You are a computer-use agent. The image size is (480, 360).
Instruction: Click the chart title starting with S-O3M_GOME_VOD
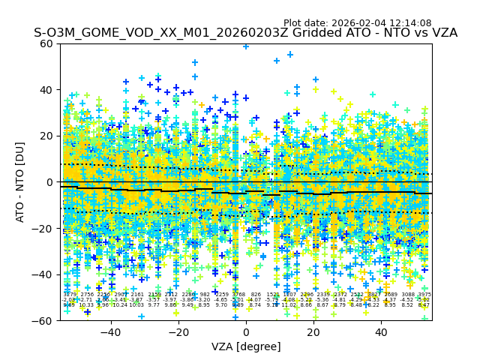pyautogui.click(x=245, y=34)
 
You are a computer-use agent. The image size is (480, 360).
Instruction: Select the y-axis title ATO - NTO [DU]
pyautogui.click(x=21, y=182)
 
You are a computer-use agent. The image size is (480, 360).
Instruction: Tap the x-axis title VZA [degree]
pyautogui.click(x=246, y=346)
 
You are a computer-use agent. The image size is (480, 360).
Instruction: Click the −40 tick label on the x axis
pyautogui.click(x=110, y=331)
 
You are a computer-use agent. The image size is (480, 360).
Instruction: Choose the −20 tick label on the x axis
pyautogui.click(x=178, y=331)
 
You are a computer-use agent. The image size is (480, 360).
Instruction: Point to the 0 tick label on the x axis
pyautogui.click(x=246, y=331)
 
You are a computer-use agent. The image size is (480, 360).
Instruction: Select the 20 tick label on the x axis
pyautogui.click(x=313, y=331)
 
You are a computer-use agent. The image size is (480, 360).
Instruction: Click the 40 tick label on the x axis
pyautogui.click(x=381, y=331)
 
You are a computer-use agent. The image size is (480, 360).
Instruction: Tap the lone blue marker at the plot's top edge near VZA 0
pyautogui.click(x=245, y=46)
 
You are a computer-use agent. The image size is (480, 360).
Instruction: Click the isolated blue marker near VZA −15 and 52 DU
pyautogui.click(x=195, y=62)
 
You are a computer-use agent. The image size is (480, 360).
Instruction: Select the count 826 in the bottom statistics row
pyautogui.click(x=256, y=295)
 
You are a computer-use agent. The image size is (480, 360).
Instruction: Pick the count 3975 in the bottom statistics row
pyautogui.click(x=424, y=295)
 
